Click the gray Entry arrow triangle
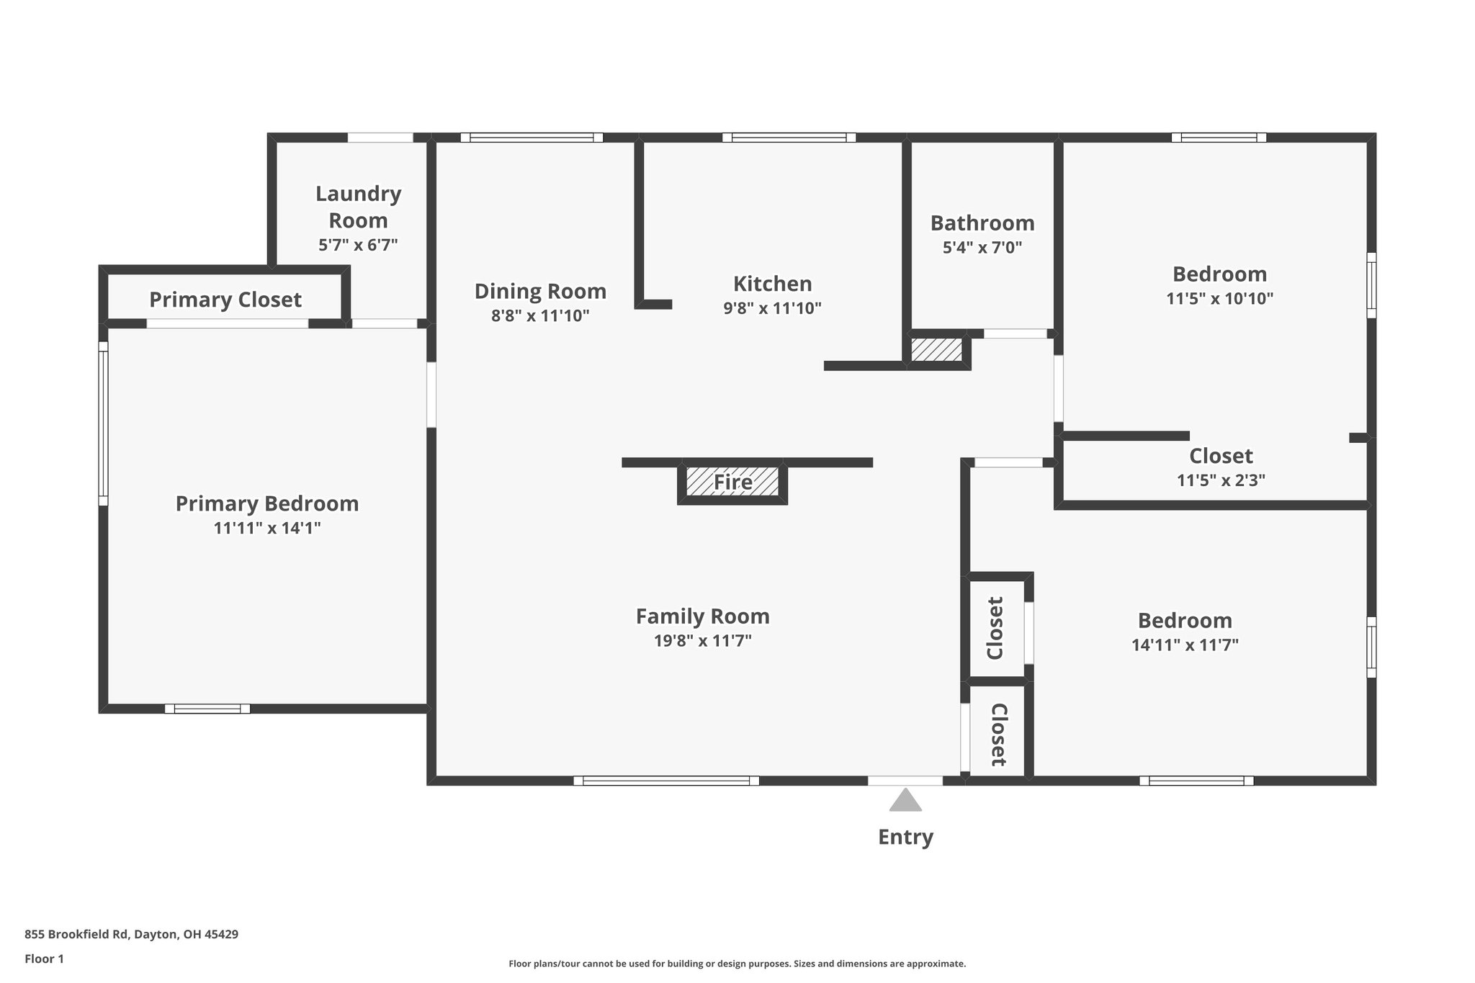tap(905, 802)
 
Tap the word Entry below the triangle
tap(905, 837)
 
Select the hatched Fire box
tap(732, 482)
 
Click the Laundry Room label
tap(358, 207)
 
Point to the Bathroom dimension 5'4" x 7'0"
tap(982, 248)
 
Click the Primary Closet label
tap(225, 300)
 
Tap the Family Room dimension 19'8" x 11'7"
tap(702, 641)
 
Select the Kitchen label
tap(772, 284)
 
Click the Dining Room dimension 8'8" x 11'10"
tap(540, 315)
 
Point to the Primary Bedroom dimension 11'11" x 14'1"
tap(267, 528)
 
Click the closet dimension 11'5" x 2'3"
tap(1221, 480)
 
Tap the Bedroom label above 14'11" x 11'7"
tap(1185, 621)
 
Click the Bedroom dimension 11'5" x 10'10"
tap(1219, 298)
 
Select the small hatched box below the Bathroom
tap(936, 351)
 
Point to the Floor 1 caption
tap(44, 959)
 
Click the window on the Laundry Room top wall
tap(380, 138)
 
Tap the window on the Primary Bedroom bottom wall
tap(207, 709)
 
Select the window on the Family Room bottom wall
tap(666, 781)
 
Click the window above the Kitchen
tap(789, 138)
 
